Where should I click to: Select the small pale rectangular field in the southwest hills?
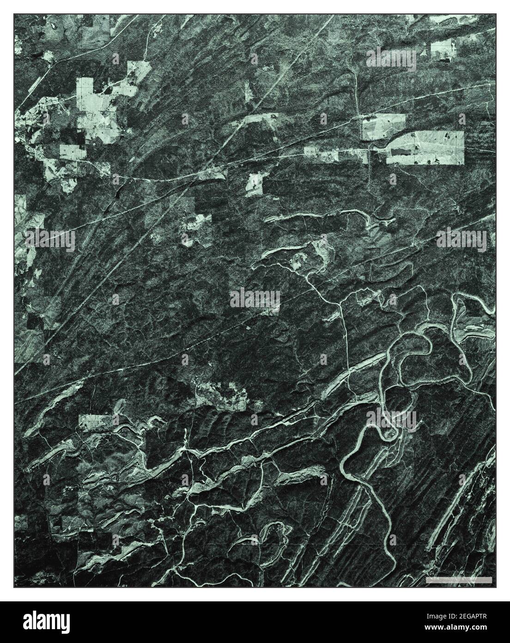(x=97, y=422)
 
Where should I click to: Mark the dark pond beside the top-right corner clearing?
(x=444, y=59)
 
